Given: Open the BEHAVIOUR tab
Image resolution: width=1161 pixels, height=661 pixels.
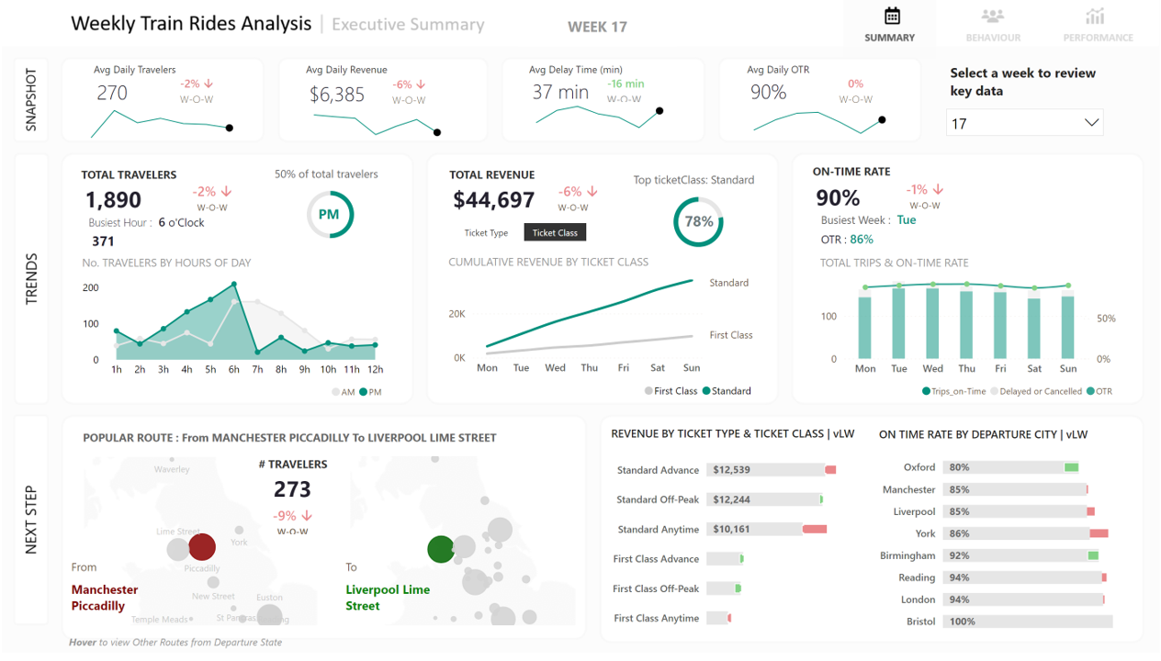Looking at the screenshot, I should (993, 25).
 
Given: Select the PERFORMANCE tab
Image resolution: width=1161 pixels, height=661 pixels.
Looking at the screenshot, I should (1098, 25).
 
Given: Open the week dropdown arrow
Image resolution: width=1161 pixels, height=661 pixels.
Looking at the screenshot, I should (1091, 123).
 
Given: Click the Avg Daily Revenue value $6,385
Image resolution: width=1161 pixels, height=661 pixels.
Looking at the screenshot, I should (337, 95).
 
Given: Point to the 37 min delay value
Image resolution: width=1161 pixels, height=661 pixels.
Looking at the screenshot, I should (560, 93).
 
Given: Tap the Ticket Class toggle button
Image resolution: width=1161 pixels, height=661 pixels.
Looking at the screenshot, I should (555, 233).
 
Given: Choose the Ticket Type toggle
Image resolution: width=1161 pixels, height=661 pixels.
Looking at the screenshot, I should (486, 233).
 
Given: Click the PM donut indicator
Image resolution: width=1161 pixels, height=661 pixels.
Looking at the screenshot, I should (329, 215).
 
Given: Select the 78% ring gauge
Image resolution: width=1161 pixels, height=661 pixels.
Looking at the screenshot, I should (698, 221).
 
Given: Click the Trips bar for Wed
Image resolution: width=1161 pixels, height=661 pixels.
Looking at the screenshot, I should (932, 323).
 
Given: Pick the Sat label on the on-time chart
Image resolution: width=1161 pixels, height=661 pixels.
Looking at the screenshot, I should (1034, 369).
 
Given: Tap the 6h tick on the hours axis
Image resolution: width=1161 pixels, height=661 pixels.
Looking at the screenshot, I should (234, 370).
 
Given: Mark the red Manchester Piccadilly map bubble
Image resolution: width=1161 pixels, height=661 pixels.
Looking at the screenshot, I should (202, 547).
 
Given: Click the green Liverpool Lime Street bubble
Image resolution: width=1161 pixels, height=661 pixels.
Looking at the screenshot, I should (441, 549).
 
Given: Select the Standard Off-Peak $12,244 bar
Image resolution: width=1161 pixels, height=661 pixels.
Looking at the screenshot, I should (764, 499).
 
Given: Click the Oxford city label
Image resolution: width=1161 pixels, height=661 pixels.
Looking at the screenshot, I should (919, 467).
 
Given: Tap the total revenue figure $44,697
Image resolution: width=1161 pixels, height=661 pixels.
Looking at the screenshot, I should (494, 200).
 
